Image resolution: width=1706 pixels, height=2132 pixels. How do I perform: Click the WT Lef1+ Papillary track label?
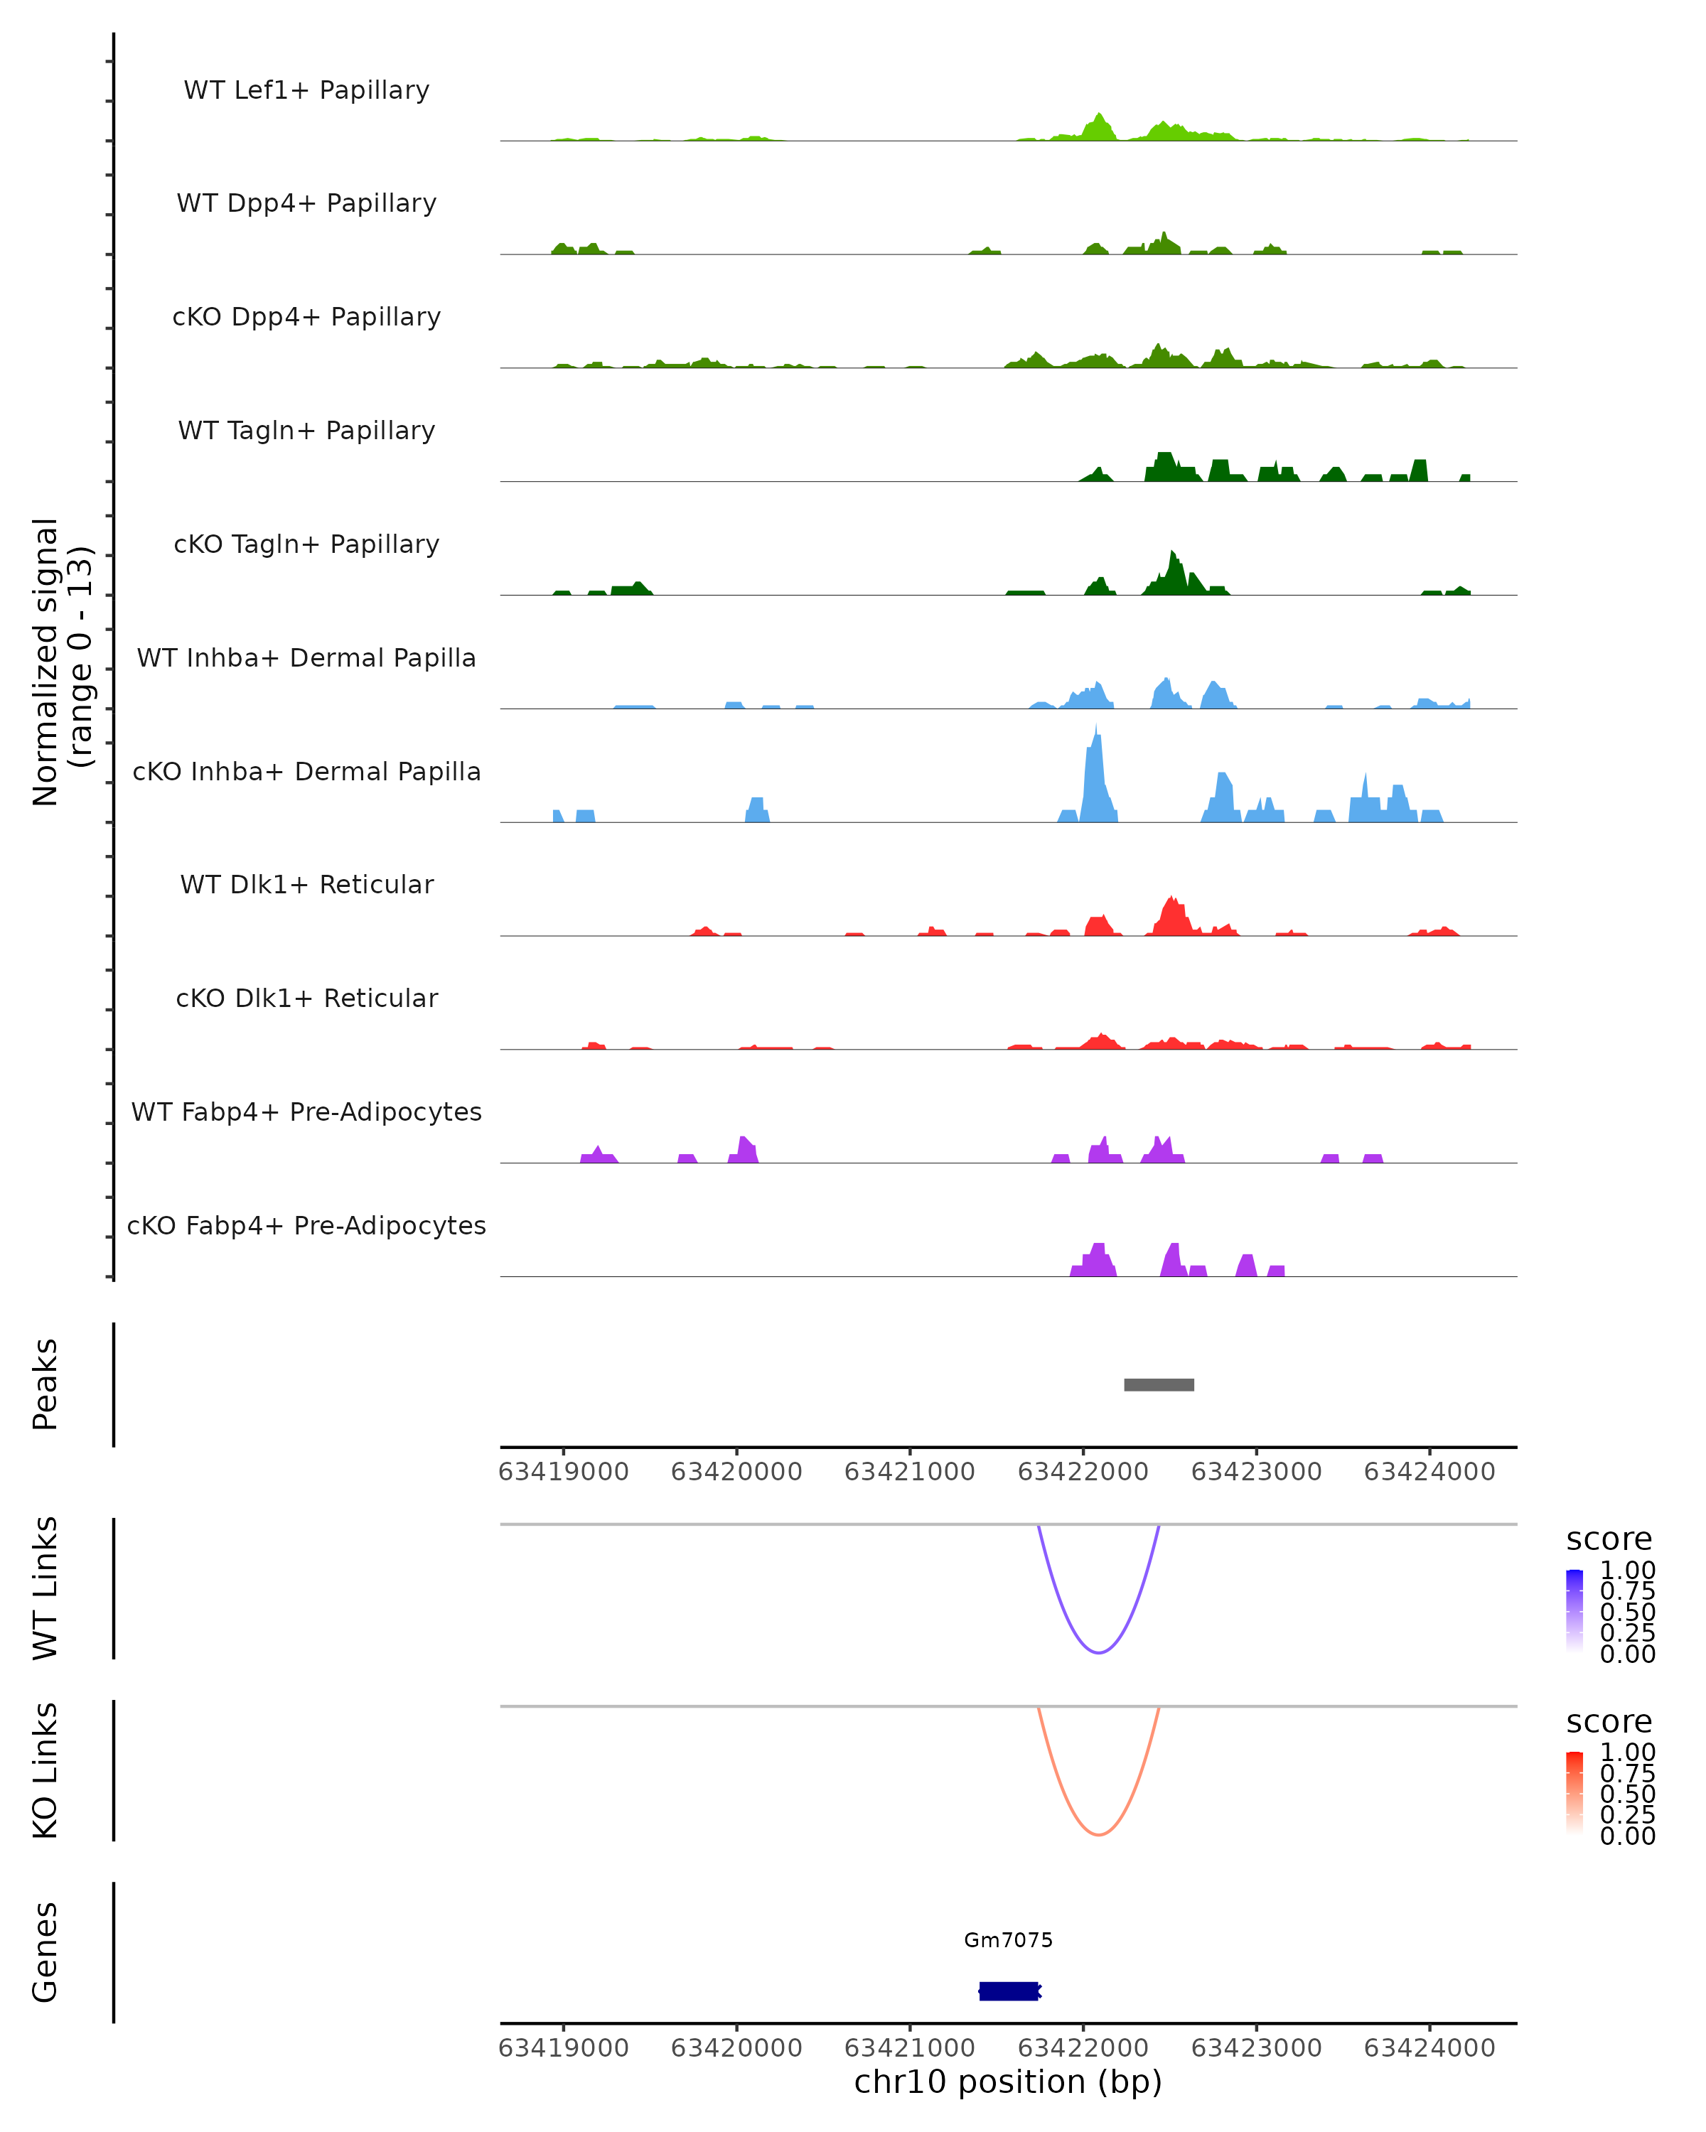pos(306,90)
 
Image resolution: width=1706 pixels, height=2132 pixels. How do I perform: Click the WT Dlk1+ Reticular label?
pos(306,884)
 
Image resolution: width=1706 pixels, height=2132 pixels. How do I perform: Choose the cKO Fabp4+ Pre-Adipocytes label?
pos(306,1225)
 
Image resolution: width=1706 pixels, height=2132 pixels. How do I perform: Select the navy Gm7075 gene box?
pos(1009,1991)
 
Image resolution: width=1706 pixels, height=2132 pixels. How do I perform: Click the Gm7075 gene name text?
pos(1009,1940)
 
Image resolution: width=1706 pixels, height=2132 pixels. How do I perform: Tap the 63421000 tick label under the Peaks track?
pos(909,1472)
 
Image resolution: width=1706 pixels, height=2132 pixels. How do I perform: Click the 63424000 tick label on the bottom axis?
pos(1429,2048)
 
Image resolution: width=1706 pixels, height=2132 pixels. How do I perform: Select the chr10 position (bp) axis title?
pos(1008,2082)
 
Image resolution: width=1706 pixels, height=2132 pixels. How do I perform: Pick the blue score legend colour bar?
pos(1574,1611)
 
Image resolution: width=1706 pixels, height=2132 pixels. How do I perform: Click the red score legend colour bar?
pos(1574,1793)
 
